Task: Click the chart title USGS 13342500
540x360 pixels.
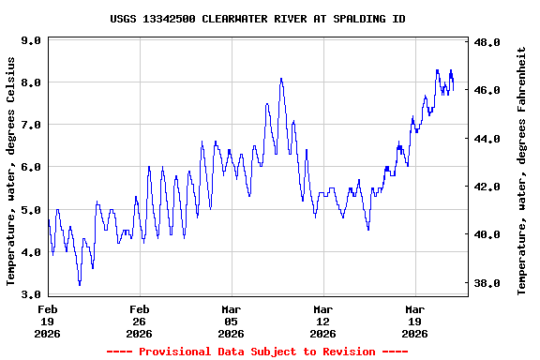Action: tap(257, 19)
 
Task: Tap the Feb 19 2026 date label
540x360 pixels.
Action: tap(48, 321)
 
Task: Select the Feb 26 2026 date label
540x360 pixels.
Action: tap(140, 321)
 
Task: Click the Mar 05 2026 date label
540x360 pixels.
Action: tap(232, 321)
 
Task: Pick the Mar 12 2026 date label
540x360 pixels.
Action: tap(323, 321)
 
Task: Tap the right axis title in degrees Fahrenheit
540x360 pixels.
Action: tap(522, 171)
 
